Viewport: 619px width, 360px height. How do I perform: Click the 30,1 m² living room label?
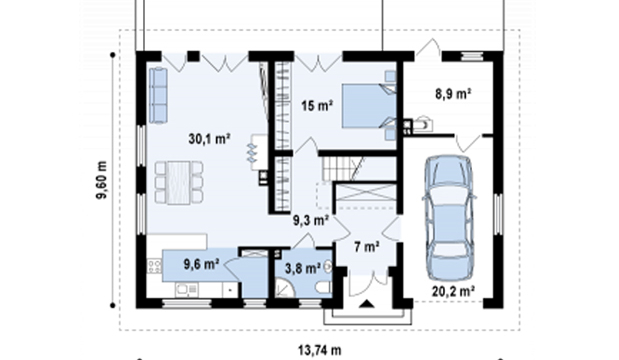(210, 139)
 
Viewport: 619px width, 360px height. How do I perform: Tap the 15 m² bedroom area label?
(317, 106)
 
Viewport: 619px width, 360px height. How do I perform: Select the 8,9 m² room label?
(453, 94)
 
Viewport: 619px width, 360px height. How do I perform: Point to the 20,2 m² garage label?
(453, 291)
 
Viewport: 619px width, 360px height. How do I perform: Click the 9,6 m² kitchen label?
(201, 264)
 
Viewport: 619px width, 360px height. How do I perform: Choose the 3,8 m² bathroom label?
(303, 269)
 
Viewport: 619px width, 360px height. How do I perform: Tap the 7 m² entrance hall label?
(367, 247)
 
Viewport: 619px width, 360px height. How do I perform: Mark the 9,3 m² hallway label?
(311, 220)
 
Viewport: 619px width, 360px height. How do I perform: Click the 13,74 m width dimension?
(319, 350)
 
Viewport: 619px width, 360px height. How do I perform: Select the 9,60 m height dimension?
(102, 180)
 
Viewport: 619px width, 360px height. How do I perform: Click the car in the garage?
(449, 218)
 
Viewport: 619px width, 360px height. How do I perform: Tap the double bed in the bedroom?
(369, 105)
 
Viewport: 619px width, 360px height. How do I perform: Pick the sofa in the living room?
(158, 95)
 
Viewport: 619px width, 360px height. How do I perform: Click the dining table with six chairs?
(179, 182)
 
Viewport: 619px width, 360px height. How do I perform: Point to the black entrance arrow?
(368, 304)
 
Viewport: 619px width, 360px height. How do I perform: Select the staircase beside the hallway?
(342, 168)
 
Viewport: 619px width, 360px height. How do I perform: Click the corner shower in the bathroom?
(285, 287)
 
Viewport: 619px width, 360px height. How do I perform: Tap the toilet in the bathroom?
(325, 288)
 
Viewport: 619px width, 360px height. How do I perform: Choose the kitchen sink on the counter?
(187, 290)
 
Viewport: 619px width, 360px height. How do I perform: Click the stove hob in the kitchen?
(154, 266)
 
